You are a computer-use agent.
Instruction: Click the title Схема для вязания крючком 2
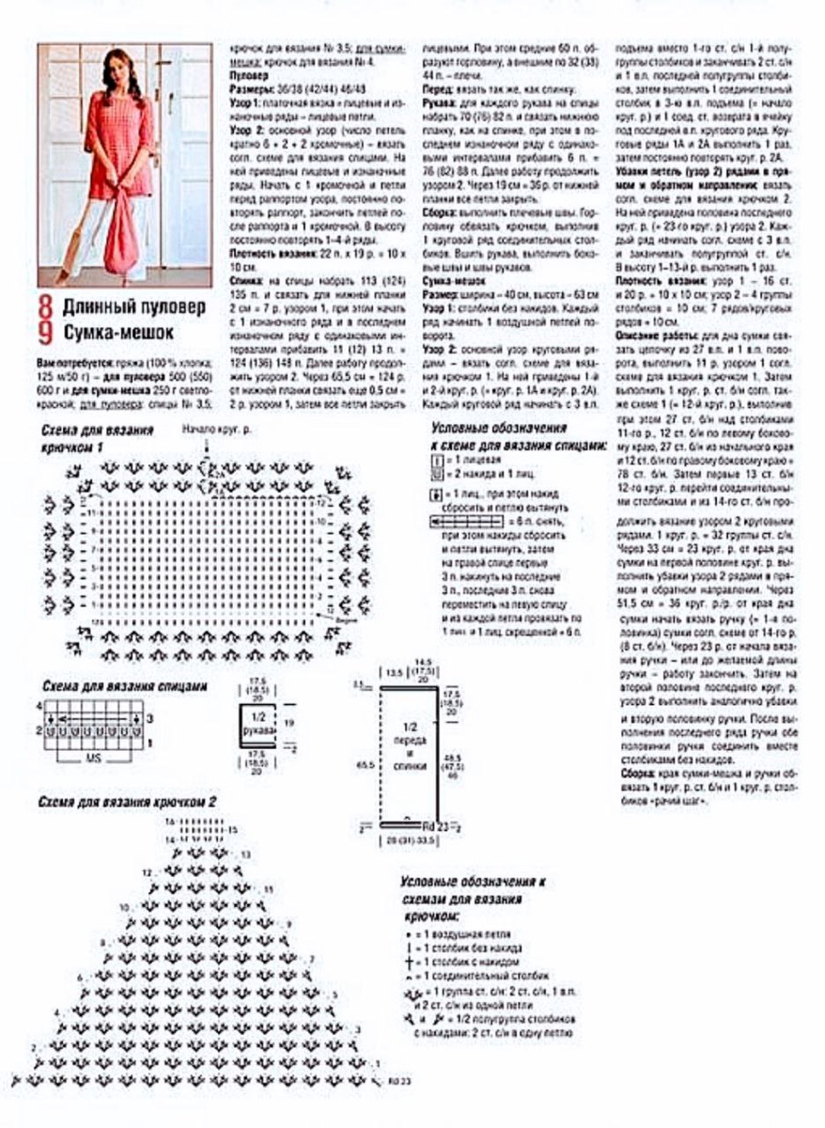129,802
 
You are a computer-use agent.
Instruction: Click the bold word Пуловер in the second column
248,72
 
